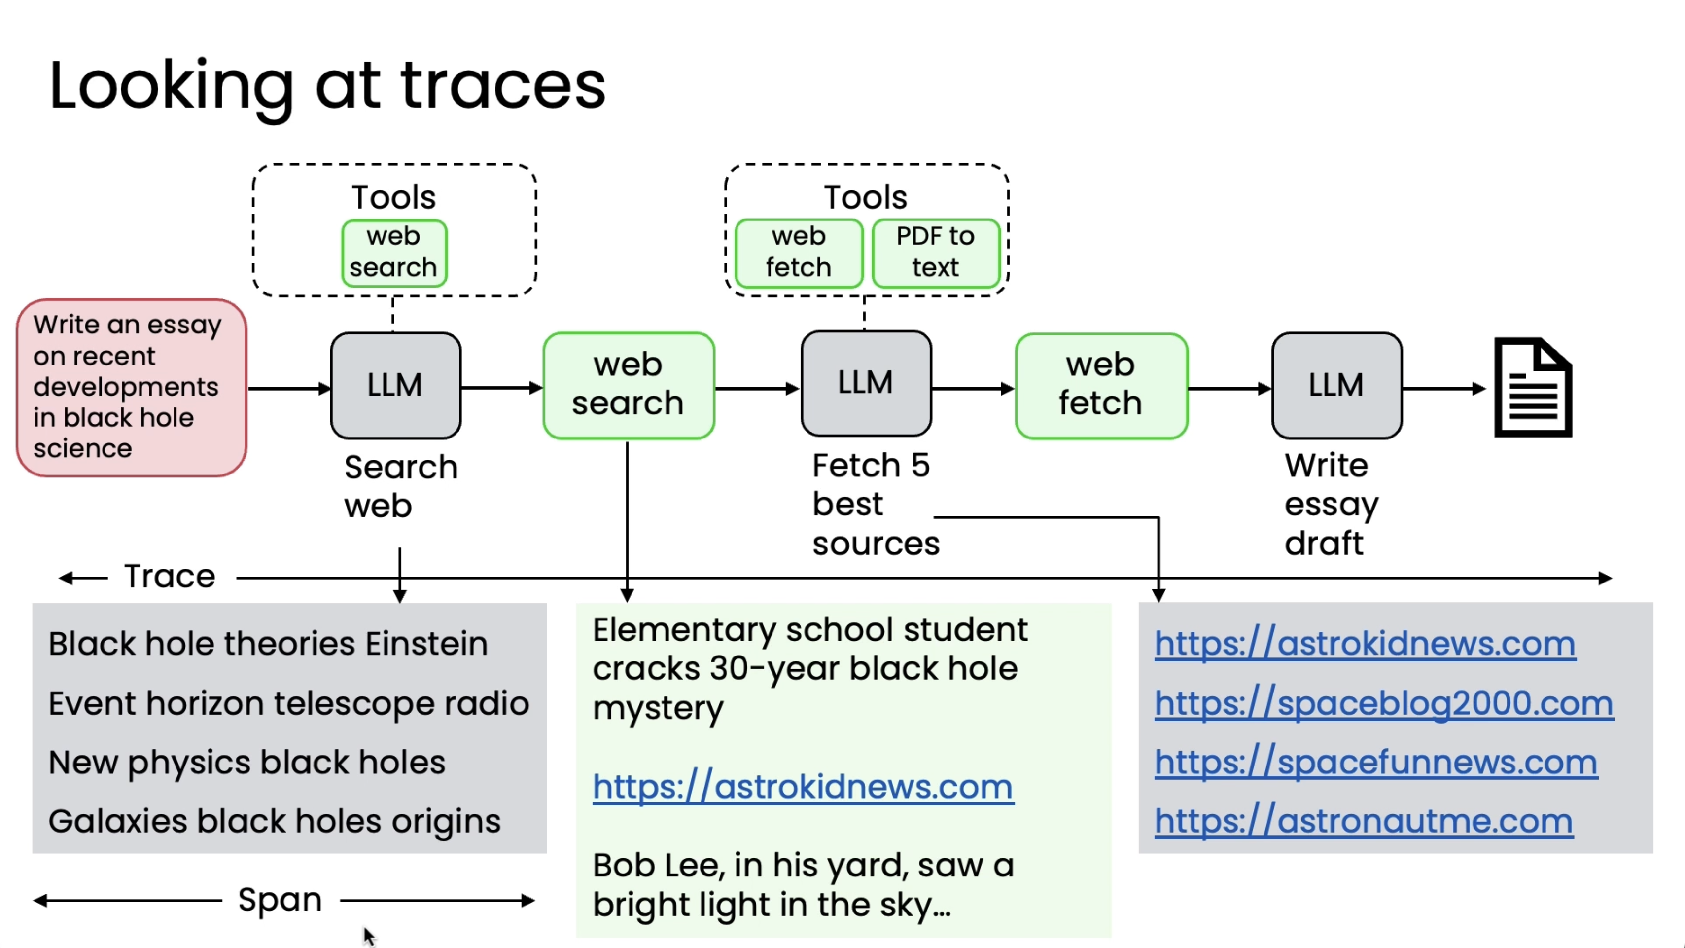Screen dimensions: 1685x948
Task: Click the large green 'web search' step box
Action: pyautogui.click(x=628, y=385)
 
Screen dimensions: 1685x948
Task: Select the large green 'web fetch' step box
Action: pyautogui.click(x=1101, y=385)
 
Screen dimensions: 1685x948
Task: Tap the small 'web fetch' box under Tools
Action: pyautogui.click(x=799, y=253)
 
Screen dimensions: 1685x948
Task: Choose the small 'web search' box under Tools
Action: pyautogui.click(x=394, y=253)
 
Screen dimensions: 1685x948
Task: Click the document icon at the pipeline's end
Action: pyautogui.click(x=1533, y=387)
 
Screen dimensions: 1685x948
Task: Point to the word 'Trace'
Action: pyautogui.click(x=170, y=577)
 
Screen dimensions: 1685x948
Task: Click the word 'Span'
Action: pyautogui.click(x=280, y=900)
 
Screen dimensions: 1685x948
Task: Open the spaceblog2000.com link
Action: pyautogui.click(x=1383, y=704)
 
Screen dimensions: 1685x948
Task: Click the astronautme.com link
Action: pyautogui.click(x=1364, y=822)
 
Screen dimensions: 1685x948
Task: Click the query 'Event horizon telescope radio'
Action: pyautogui.click(x=289, y=704)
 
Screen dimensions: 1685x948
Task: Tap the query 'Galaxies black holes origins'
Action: pyautogui.click(x=275, y=822)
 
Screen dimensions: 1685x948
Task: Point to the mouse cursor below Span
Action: pyautogui.click(x=370, y=936)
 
